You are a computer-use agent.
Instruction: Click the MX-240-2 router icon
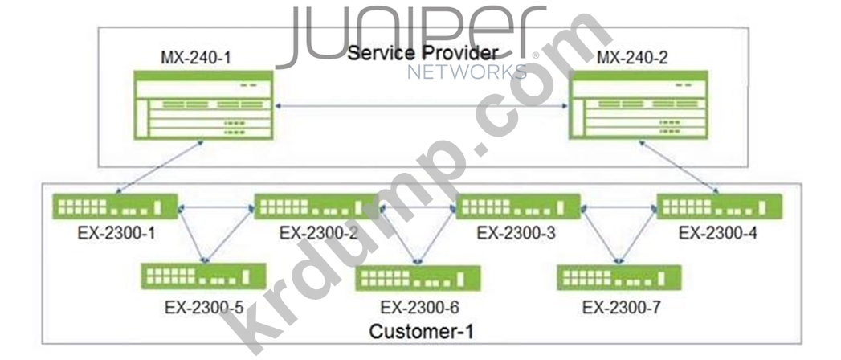pyautogui.click(x=639, y=105)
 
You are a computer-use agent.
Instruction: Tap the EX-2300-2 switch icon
pyautogui.click(x=317, y=207)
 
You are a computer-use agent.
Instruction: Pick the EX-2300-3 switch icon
pyautogui.click(x=518, y=207)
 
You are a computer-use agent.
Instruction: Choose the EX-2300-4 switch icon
pyautogui.click(x=720, y=207)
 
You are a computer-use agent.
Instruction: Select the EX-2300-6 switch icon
pyautogui.click(x=418, y=278)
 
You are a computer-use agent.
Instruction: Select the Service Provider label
pyautogui.click(x=423, y=53)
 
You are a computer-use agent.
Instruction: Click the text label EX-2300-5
pyautogui.click(x=204, y=307)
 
